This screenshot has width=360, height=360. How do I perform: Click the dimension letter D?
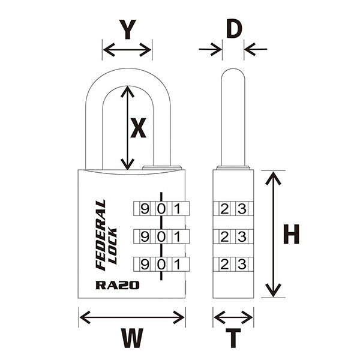pyautogui.click(x=233, y=28)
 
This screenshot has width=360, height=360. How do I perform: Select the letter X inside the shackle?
pyautogui.click(x=139, y=128)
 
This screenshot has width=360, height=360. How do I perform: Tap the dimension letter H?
pyautogui.click(x=291, y=235)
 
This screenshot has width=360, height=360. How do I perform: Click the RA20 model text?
pyautogui.click(x=117, y=285)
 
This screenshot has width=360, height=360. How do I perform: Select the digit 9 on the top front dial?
pyautogui.click(x=144, y=209)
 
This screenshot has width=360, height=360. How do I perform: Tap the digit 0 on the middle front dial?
pyautogui.click(x=160, y=236)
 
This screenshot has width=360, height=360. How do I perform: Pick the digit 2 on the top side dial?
pyautogui.click(x=224, y=209)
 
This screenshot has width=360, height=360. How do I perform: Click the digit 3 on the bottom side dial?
pyautogui.click(x=242, y=264)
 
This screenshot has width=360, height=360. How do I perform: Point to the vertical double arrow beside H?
pyautogui.click(x=273, y=234)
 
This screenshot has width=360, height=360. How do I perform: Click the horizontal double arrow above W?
pyautogui.click(x=132, y=316)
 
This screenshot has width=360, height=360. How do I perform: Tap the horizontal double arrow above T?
pyautogui.click(x=233, y=316)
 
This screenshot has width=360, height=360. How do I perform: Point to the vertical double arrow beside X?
pyautogui.click(x=127, y=127)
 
